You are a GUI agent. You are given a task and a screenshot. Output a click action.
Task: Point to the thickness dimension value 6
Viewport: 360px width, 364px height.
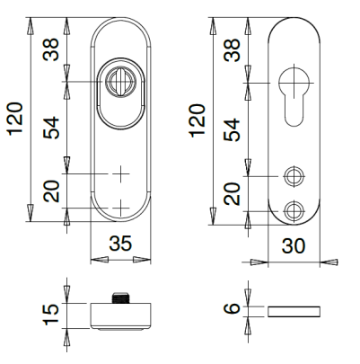click(233, 310)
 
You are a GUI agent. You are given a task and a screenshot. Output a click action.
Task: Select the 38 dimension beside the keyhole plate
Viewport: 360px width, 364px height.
click(233, 51)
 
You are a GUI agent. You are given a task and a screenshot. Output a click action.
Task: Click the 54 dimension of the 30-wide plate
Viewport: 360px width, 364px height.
click(233, 129)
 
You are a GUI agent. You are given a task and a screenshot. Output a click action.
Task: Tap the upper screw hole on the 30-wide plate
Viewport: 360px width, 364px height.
click(293, 173)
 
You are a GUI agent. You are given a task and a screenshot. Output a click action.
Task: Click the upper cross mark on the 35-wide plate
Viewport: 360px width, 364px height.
click(120, 173)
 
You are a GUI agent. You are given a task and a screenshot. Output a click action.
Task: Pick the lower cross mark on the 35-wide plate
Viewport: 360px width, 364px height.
click(120, 209)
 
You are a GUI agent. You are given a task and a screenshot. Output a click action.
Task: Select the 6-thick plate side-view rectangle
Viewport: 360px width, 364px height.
click(294, 310)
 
